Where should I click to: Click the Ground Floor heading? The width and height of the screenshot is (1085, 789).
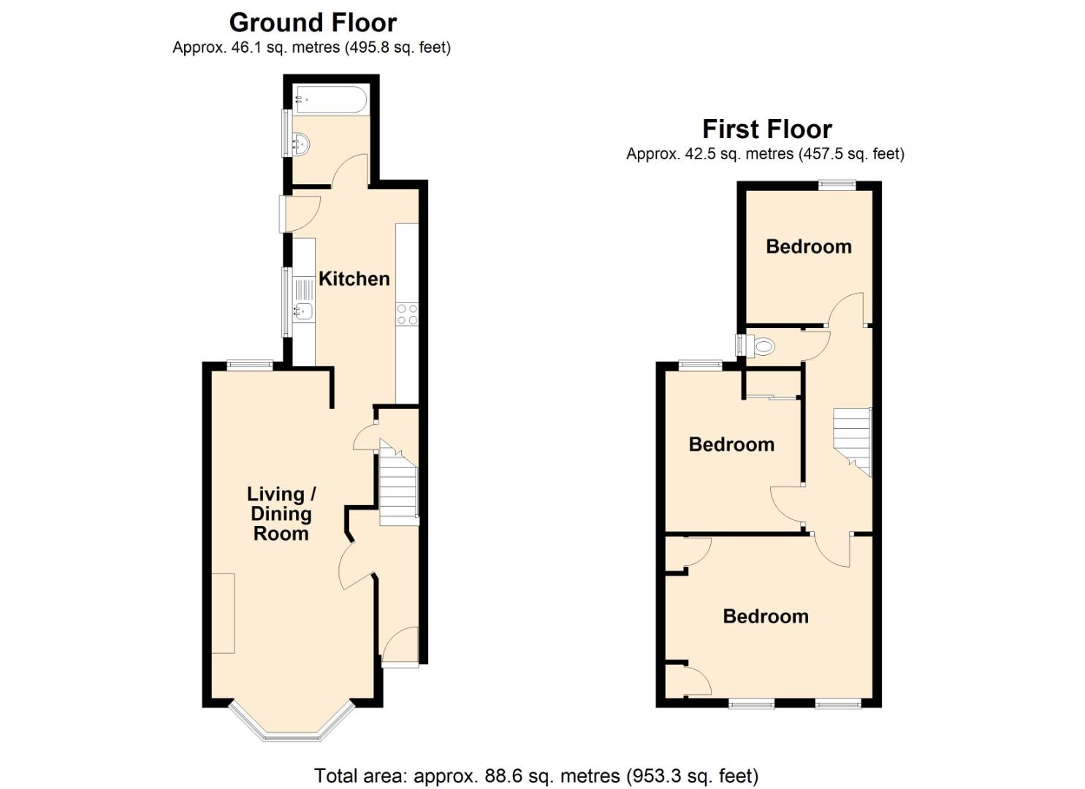click(313, 23)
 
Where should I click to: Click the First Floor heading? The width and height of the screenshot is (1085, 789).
click(766, 129)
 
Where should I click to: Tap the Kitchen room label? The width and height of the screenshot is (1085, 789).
click(354, 278)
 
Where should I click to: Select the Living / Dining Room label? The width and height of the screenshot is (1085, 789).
click(281, 514)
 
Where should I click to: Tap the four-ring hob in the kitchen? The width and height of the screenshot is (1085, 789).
click(407, 315)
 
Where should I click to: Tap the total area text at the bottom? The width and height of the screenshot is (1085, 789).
click(536, 775)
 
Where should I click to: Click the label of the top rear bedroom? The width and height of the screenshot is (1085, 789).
click(808, 246)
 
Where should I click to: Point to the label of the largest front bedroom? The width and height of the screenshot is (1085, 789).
click(765, 616)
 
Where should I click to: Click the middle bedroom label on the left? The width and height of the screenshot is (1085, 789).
click(731, 444)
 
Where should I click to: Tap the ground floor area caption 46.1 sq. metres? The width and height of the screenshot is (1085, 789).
click(311, 47)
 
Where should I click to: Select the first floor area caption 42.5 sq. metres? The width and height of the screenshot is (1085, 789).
click(765, 154)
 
